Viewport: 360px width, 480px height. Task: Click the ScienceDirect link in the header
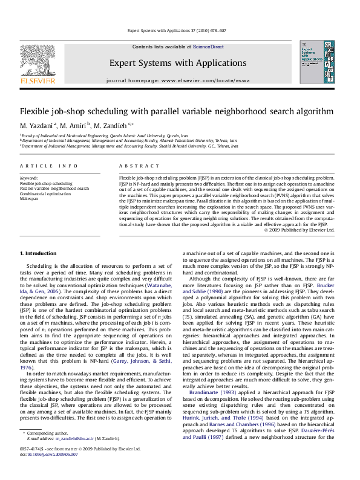[x=209, y=47]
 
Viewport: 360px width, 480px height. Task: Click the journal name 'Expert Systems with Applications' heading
[x=178, y=63]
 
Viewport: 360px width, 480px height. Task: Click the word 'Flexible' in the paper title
[x=34, y=111]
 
